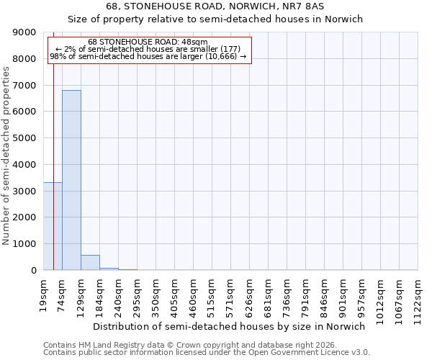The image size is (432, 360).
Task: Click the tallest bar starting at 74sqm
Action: pos(71,180)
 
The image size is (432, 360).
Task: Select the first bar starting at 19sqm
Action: pos(53,226)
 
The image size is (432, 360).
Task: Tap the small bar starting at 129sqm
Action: pos(90,263)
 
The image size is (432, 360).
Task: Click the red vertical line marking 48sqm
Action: pos(54,144)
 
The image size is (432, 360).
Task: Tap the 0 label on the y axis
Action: pos(33,271)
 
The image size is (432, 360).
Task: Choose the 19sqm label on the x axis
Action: pos(44,294)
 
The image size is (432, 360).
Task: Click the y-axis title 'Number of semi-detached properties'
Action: pos(6,151)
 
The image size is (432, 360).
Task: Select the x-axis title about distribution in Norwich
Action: pos(230,326)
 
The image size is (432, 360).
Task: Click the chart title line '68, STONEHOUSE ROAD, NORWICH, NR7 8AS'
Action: pos(215,6)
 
